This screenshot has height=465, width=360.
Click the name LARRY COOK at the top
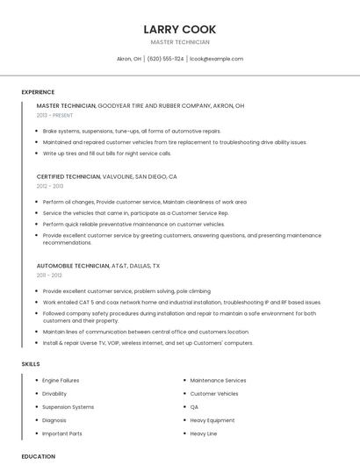coord(180,29)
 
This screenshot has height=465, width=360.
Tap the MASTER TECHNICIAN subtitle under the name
coord(180,42)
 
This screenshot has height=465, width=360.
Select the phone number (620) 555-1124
coord(166,59)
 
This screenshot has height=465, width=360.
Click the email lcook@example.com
coord(216,59)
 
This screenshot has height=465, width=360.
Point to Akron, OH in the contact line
coord(129,59)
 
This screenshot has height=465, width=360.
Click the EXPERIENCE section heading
coord(38,92)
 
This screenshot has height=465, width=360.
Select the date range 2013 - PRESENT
coord(54,115)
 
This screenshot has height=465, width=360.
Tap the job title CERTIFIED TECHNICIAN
coord(68,176)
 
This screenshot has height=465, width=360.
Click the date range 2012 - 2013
coord(50,186)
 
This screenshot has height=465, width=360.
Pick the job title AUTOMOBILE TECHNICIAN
coord(73,265)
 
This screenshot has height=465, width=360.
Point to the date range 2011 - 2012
coord(49,275)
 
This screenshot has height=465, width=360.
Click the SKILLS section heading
coord(31,363)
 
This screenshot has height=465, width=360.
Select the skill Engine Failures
coord(61,380)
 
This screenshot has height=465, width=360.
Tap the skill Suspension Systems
coord(68,407)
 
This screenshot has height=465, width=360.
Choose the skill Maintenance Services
coord(218,380)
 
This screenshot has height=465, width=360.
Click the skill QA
coord(194,407)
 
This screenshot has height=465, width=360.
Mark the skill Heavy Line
coord(204,433)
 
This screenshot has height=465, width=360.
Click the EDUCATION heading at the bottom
coord(38,456)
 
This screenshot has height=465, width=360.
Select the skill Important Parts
coord(62,433)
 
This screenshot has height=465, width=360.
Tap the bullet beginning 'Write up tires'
coord(107,153)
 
